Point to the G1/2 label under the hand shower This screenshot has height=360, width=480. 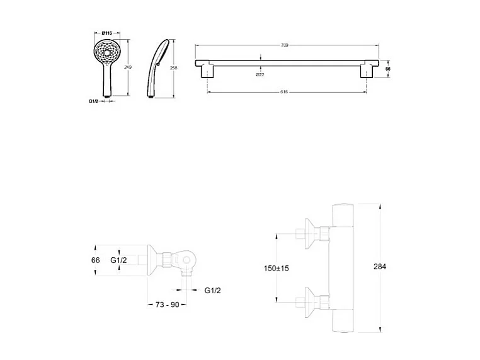click(x=94, y=101)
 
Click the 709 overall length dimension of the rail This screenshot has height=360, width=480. click(x=284, y=45)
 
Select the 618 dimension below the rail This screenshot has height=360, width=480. click(x=284, y=92)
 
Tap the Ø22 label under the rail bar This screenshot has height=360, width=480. click(x=260, y=75)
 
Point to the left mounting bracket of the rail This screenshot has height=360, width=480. click(x=207, y=71)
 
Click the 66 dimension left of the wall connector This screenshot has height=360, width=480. click(x=96, y=260)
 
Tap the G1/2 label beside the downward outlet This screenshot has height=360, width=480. click(x=212, y=290)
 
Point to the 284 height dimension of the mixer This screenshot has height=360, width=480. click(x=379, y=267)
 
